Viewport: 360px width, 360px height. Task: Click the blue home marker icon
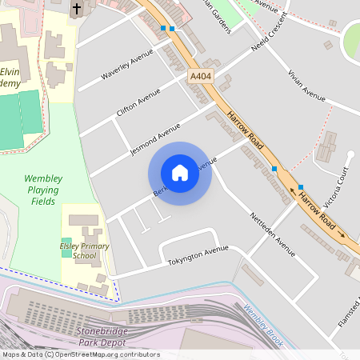(180, 173)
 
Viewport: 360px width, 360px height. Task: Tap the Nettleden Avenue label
(273, 234)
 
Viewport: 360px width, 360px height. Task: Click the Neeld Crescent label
(270, 51)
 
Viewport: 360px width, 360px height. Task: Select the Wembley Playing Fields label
(41, 190)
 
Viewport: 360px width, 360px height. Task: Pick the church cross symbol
(77, 10)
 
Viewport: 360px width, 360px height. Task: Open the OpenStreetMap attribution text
(80, 354)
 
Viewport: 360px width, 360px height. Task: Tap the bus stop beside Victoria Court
(301, 186)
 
